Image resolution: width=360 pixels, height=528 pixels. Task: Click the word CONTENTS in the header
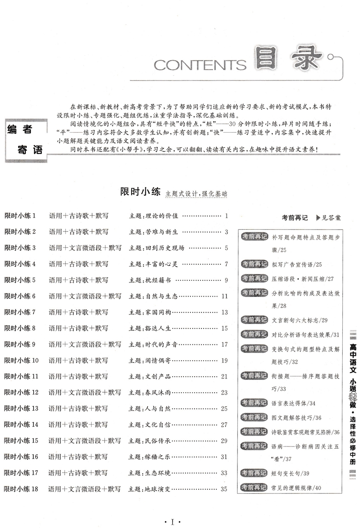pyautogui.click(x=200, y=65)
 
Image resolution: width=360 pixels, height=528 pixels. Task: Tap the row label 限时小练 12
pyautogui.click(x=21, y=392)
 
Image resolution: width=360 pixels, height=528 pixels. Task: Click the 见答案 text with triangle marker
pyautogui.click(x=328, y=218)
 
